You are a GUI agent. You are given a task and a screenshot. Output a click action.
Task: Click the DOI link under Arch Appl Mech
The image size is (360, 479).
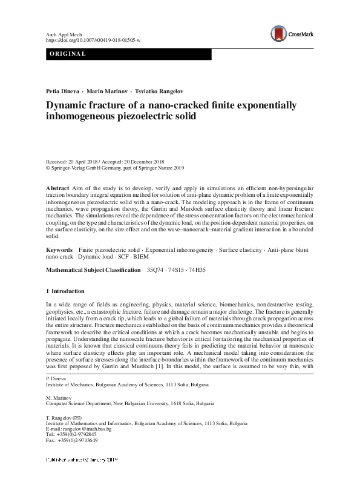(93, 39)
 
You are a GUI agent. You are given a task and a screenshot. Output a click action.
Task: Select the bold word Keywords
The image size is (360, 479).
(60, 249)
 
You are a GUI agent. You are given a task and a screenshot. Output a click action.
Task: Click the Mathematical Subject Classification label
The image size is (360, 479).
(93, 269)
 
